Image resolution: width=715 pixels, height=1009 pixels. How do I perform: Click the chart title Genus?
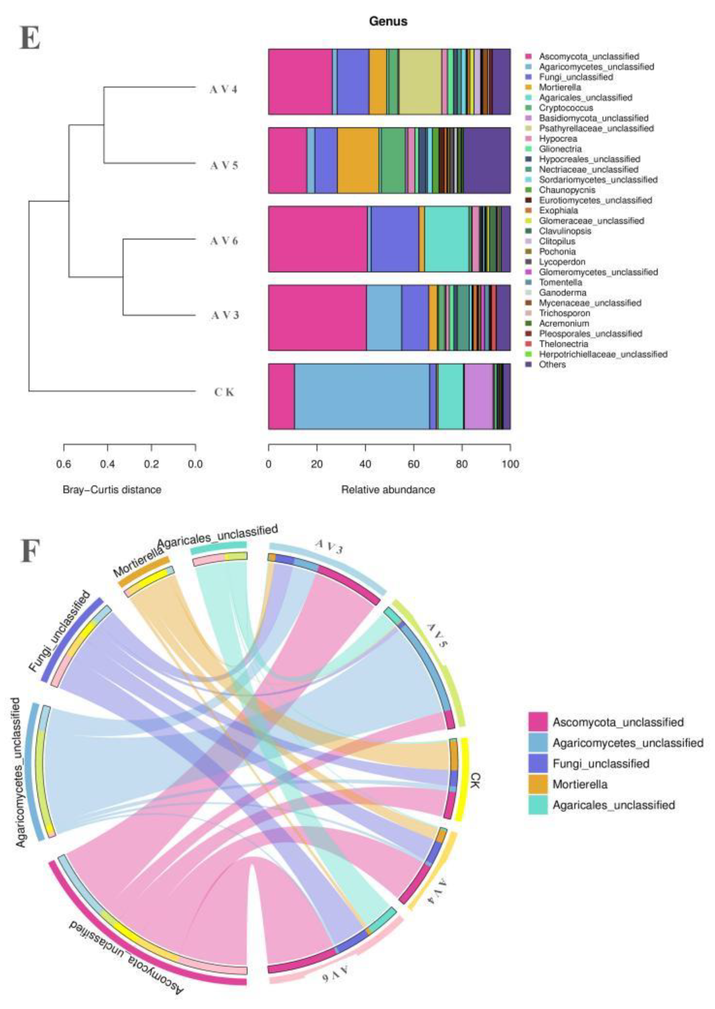pyautogui.click(x=388, y=21)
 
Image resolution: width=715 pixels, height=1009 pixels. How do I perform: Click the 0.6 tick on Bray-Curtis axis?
pyautogui.click(x=64, y=463)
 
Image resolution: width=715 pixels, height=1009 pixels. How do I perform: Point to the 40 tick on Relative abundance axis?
pyautogui.click(x=365, y=463)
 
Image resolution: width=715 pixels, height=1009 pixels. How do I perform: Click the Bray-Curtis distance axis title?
pyautogui.click(x=112, y=490)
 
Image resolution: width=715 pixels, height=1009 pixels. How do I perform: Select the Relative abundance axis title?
pyautogui.click(x=388, y=490)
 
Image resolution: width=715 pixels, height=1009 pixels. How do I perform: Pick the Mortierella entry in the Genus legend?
pyautogui.click(x=560, y=87)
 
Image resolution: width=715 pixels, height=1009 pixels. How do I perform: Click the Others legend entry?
pyautogui.click(x=552, y=364)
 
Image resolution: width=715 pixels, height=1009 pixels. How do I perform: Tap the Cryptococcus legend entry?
pyautogui.click(x=566, y=108)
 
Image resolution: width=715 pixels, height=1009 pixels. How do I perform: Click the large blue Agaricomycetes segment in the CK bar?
pyautogui.click(x=362, y=396)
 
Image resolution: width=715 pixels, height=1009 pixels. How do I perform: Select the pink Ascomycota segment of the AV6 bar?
pyautogui.click(x=317, y=239)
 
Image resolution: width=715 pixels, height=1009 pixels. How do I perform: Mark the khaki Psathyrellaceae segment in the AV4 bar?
pyautogui.click(x=420, y=82)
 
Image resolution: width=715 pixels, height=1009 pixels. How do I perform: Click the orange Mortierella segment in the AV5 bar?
pyautogui.click(x=358, y=160)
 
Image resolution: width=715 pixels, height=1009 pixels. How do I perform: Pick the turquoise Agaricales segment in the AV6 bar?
pyautogui.click(x=446, y=239)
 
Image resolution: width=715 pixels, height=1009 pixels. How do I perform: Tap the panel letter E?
pyautogui.click(x=30, y=39)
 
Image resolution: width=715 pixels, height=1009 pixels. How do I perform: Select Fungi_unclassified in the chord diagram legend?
pyautogui.click(x=601, y=764)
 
